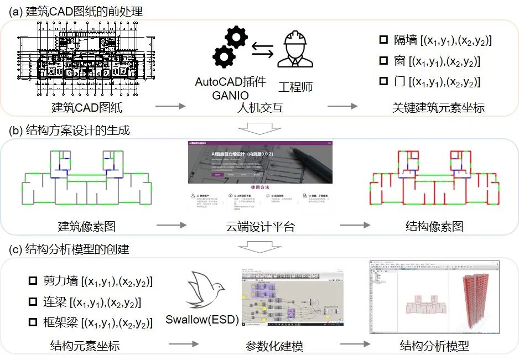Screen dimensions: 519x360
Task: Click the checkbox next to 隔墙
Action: (x=383, y=40)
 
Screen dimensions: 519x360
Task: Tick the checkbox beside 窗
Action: (x=383, y=61)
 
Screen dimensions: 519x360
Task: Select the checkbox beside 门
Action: (x=383, y=81)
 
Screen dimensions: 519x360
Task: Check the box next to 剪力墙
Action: (x=33, y=281)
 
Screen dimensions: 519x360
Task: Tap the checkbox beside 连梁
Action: (x=33, y=302)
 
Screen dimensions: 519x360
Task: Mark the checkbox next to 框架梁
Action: (x=33, y=322)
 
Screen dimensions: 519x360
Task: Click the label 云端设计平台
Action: (x=261, y=226)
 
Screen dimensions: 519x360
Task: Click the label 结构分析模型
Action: (x=434, y=347)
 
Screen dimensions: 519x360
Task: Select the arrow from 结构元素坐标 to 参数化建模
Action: (x=183, y=345)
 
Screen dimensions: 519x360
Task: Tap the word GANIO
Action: (x=231, y=95)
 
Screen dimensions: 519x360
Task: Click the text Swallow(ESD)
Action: (x=202, y=320)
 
